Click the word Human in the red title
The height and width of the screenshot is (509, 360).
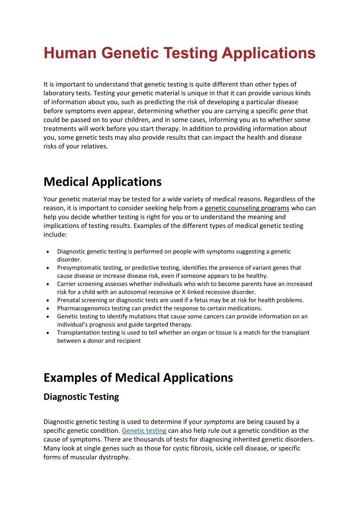point(70,53)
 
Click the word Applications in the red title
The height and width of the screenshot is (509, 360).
point(269,53)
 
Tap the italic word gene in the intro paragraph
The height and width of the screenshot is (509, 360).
point(286,111)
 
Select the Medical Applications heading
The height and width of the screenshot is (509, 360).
point(102,182)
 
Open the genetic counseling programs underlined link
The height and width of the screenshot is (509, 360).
point(247,208)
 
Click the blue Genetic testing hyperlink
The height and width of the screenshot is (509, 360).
point(144,431)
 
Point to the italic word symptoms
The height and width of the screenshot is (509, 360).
point(219,422)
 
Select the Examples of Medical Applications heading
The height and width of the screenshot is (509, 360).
point(138,378)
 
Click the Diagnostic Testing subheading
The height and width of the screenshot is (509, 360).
point(81,397)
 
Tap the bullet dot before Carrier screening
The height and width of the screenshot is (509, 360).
point(48,284)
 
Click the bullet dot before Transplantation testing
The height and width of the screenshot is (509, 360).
point(48,333)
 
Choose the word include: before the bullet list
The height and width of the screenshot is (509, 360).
point(55,235)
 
